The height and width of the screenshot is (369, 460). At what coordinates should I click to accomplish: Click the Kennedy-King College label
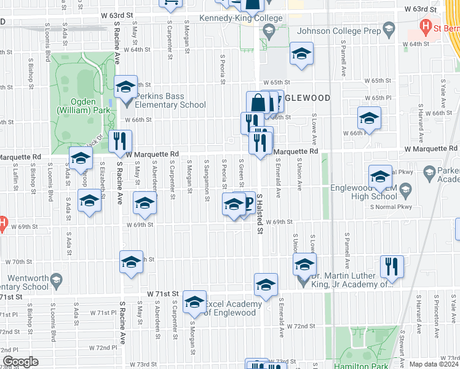tap(241, 18)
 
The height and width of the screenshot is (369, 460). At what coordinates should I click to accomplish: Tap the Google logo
tap(20, 362)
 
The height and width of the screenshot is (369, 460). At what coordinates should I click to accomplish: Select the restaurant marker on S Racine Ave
tap(121, 141)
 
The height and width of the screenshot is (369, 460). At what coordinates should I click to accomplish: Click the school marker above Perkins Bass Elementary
tap(125, 86)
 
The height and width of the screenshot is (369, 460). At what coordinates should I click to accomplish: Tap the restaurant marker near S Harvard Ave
tap(392, 266)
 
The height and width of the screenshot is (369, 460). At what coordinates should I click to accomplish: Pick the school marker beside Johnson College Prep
tap(301, 54)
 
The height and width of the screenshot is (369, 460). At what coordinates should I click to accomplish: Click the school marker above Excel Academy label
tap(195, 301)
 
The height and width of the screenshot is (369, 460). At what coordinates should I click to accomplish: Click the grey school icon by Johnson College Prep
tap(388, 29)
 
